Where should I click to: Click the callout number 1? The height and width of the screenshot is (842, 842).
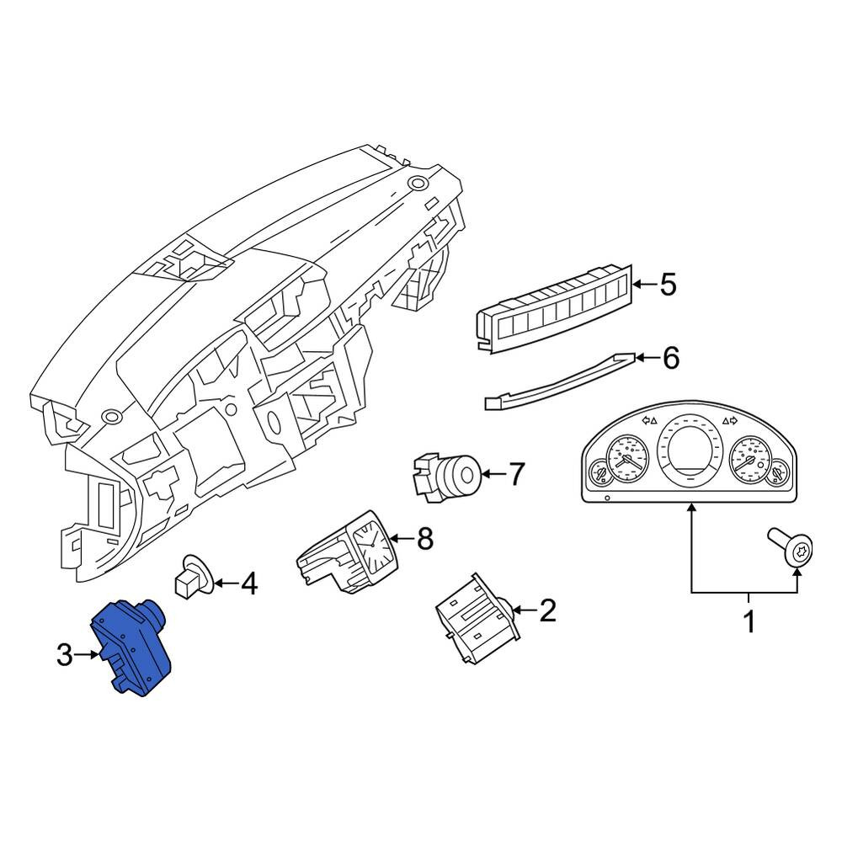click(749, 622)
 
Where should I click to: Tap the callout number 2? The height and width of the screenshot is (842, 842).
click(547, 610)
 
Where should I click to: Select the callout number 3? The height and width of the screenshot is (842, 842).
click(65, 655)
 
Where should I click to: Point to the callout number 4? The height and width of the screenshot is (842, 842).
click(248, 584)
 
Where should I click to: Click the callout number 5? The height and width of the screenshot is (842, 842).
click(668, 284)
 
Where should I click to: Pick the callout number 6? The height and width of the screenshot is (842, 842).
click(671, 358)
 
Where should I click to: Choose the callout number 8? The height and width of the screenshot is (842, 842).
click(424, 538)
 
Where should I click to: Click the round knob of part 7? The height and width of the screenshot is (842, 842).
click(462, 475)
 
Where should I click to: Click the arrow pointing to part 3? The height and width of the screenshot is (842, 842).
click(87, 654)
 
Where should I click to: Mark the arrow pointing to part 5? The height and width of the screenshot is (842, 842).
click(645, 284)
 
